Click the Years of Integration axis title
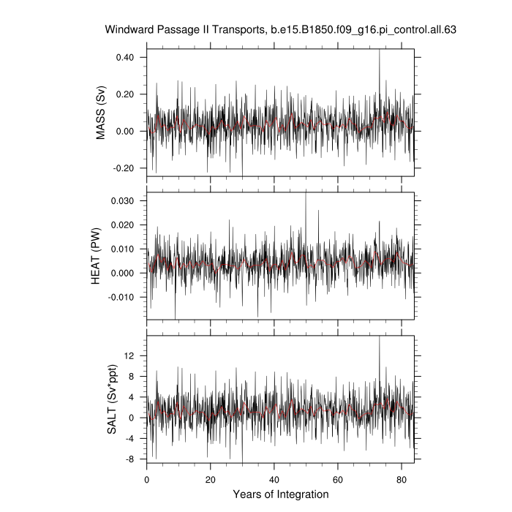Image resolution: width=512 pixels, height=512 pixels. (x=280, y=494)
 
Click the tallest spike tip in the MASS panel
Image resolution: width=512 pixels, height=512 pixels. (x=379, y=50)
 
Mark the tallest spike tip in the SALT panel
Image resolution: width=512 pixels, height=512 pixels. (x=379, y=336)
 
